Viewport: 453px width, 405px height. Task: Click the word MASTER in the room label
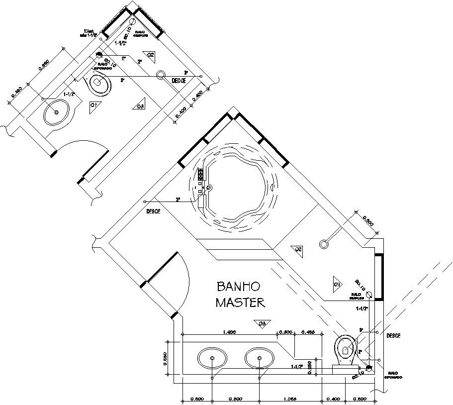coord(240,302)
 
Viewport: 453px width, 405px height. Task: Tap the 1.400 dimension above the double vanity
coord(229,331)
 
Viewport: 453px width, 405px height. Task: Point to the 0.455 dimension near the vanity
coord(309,331)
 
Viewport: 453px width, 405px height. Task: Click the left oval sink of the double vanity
coord(213,358)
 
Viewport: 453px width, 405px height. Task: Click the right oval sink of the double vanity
coord(259,358)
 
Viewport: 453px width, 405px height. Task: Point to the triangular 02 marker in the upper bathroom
coord(149,55)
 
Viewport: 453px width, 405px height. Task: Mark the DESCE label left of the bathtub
coord(153,211)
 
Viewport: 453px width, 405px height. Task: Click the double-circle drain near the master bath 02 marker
coord(324,244)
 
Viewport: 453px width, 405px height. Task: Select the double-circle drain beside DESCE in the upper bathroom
coord(161,76)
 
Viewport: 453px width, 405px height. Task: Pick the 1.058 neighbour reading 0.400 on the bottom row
coord(334,399)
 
